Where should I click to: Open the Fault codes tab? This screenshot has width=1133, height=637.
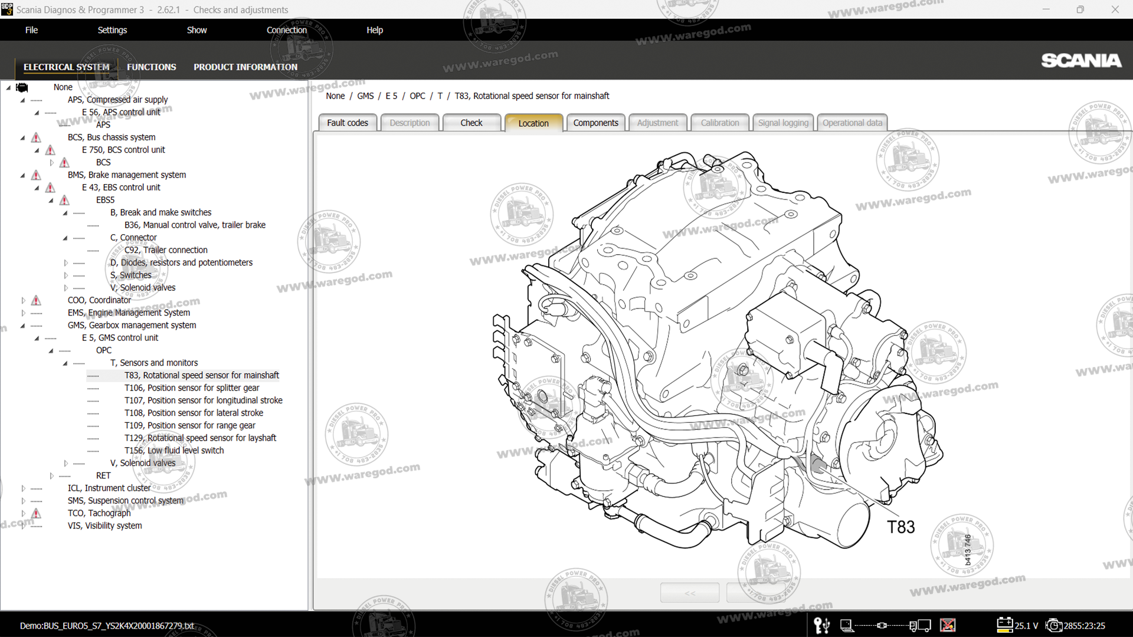347,123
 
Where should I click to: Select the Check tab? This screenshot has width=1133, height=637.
471,123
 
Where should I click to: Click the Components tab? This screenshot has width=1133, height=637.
595,123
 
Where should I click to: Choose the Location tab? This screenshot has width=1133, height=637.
533,123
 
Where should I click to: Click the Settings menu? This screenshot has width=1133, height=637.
112,30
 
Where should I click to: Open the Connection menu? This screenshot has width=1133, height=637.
286,30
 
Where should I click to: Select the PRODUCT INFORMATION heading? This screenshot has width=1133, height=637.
245,67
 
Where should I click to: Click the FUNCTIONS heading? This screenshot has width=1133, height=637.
151,67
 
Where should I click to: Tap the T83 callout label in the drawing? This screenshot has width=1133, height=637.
900,527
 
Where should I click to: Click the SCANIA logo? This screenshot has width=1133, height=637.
1081,61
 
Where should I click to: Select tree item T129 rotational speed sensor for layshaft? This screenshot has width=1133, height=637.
200,438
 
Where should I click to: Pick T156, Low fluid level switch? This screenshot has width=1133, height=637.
174,450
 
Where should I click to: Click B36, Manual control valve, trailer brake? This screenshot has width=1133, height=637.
195,225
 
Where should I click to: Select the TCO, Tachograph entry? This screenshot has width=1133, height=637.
99,513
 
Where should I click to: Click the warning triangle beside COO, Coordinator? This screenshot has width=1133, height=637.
36,300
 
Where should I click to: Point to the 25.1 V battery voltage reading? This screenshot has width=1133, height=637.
1026,626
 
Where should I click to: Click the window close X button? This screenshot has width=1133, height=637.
1115,9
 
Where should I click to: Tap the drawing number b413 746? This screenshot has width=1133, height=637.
968,550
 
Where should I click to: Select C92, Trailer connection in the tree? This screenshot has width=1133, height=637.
166,250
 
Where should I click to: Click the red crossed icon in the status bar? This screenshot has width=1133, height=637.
948,625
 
